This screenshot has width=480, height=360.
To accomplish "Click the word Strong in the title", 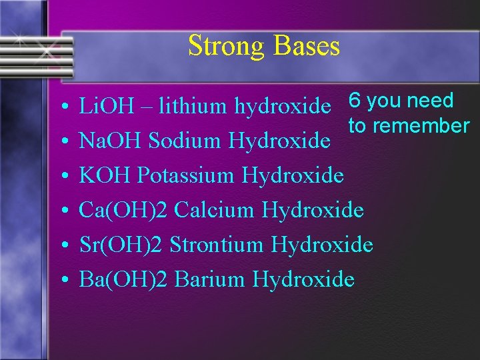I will pos(223,47).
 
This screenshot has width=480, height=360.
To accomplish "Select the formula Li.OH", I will pos(103,105).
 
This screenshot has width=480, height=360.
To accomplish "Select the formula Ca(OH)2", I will pos(123,211).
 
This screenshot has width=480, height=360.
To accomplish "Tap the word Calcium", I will pos(215,211).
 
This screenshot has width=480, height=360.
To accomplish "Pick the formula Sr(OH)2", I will pos(121,245).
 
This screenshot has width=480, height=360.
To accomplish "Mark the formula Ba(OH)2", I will pos(123,279).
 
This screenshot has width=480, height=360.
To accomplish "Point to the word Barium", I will pos(211,279).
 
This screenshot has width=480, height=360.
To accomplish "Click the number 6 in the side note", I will pos(355,101).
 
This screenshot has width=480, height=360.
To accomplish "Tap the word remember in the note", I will pos(421,125).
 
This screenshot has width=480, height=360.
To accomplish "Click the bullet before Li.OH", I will pos(61,107).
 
